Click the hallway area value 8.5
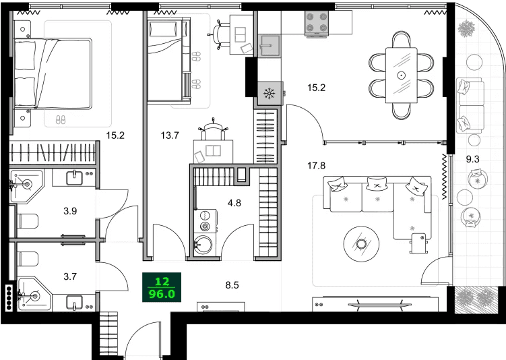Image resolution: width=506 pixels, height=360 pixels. (231, 285)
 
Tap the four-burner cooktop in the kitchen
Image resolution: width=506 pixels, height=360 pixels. (317, 24)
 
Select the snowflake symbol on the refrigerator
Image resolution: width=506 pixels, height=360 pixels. (268, 93)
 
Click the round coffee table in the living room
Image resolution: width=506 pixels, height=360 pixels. (362, 243)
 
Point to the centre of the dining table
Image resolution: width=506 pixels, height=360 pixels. (402, 75)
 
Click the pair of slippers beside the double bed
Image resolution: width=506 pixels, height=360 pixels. (60, 119)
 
